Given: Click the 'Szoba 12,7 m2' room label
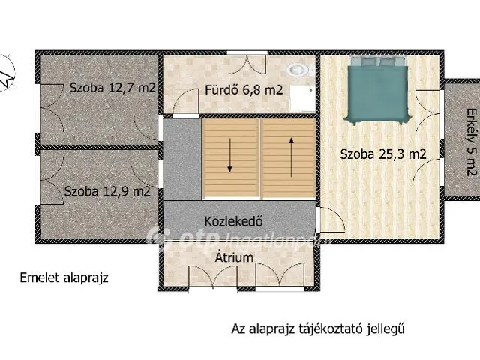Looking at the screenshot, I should coord(112,88).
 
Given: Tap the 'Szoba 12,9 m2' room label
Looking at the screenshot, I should coord(107,191).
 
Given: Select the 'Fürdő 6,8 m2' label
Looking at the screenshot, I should coord(244,91).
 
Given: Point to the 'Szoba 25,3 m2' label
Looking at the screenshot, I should coord(383,155).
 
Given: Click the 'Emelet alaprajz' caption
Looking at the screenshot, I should coord(64,277).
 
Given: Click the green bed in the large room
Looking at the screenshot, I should coord(377,93).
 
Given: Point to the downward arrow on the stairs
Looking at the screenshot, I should coord(230,156).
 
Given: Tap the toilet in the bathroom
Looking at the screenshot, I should coord(300,69).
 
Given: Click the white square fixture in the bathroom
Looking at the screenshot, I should coord(302,97).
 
